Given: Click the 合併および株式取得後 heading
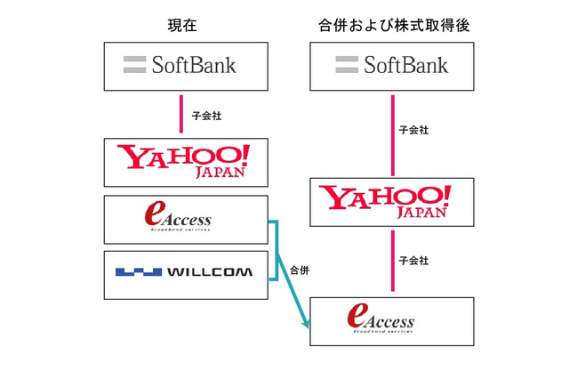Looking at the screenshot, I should [392, 26].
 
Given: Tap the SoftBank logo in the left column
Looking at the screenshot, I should [185, 65].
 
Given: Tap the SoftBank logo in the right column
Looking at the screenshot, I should [392, 65].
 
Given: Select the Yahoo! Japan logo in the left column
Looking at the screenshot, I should [185, 162].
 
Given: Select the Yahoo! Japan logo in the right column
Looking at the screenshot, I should [392, 201].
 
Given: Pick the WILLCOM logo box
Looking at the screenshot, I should [185, 271].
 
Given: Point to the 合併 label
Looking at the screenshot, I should [300, 269].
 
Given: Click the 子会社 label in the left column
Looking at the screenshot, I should [205, 116].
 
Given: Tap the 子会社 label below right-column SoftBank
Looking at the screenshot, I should [413, 130].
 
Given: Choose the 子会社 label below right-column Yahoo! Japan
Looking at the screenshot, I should [413, 261].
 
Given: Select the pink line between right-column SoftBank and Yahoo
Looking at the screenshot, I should [392, 133].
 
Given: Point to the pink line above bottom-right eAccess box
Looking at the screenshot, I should [392, 262].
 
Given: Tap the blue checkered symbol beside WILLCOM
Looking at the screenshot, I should [137, 271].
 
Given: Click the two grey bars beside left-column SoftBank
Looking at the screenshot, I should [134, 64].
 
